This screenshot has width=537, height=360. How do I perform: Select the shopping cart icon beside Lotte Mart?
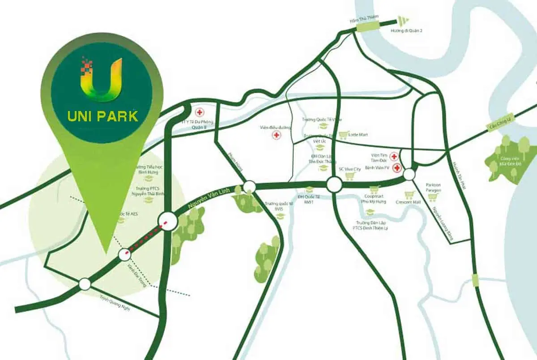[343, 134]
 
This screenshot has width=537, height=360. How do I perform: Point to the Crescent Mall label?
[408, 202]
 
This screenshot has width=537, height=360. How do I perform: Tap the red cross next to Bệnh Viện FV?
[396, 168]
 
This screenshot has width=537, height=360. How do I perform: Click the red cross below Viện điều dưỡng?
[277, 135]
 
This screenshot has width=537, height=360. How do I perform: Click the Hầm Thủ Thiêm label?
[364, 17]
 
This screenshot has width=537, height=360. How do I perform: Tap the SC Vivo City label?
[349, 169]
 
